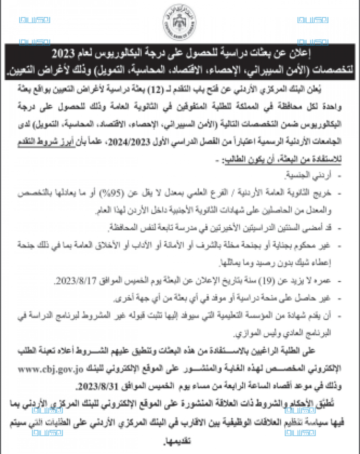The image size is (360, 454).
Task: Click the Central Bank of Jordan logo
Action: coord(179,22)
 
